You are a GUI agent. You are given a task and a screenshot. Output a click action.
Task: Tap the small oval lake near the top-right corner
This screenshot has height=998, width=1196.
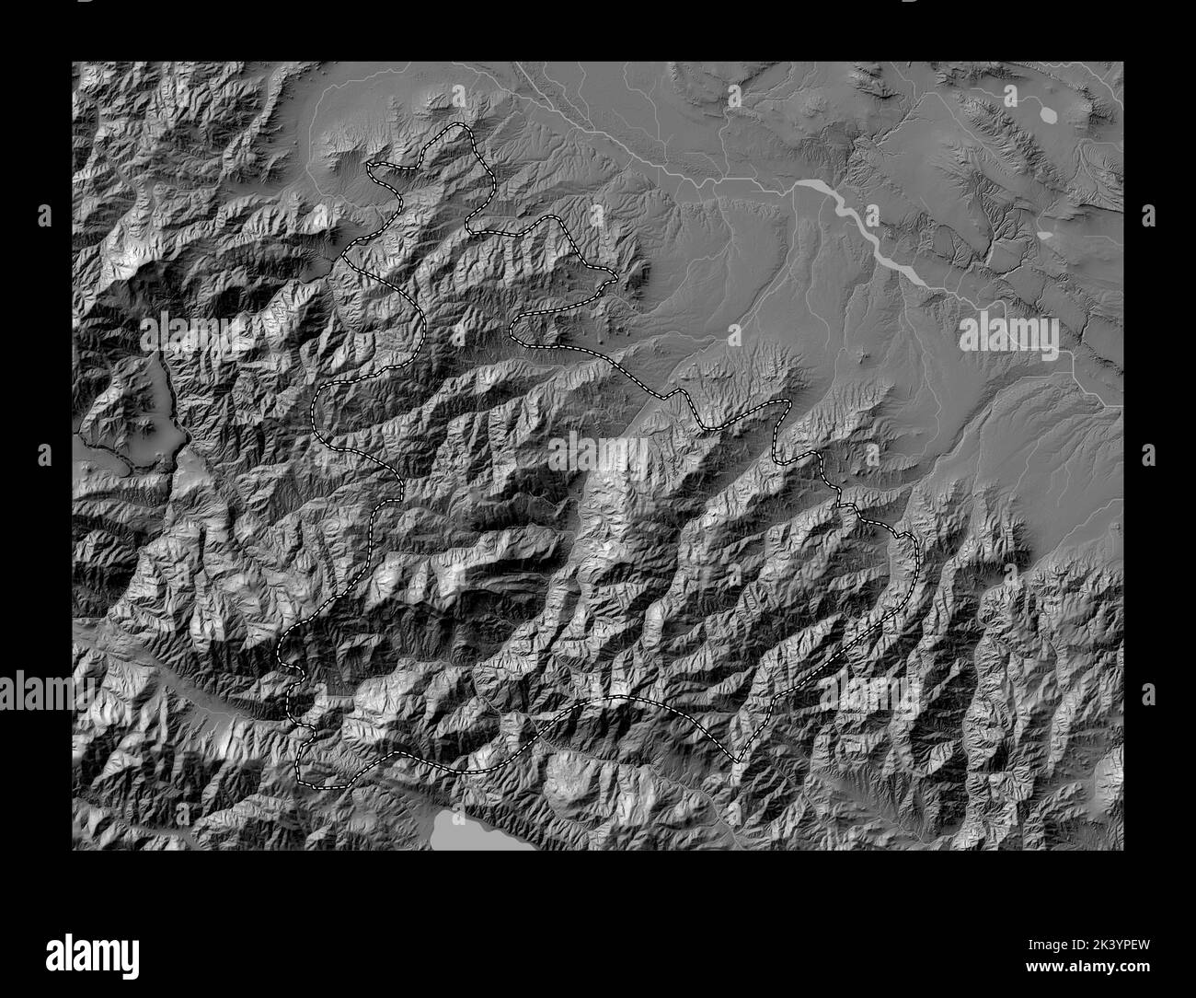(x=1048, y=114)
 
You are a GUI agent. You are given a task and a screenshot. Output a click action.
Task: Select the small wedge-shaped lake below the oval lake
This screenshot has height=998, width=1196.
(x=1046, y=235)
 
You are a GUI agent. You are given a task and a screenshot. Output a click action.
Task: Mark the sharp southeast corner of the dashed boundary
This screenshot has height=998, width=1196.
(x=736, y=761)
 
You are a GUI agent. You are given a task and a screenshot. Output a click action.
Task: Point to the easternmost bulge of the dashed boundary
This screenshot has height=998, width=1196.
(x=916, y=552)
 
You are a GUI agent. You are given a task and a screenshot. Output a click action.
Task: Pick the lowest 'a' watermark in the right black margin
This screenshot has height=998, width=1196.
(x=1148, y=691)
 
